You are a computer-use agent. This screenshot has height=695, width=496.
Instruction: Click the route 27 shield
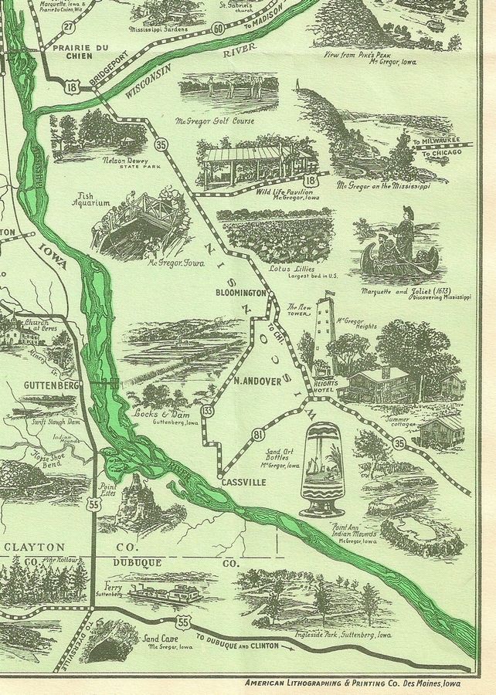point(68,27)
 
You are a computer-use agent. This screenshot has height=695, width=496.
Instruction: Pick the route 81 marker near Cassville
point(258,436)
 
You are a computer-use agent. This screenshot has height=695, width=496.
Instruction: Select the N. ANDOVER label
point(257,380)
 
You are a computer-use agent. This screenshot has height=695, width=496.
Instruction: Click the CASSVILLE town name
point(240,482)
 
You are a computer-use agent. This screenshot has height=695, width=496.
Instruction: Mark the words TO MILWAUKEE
point(437,142)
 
